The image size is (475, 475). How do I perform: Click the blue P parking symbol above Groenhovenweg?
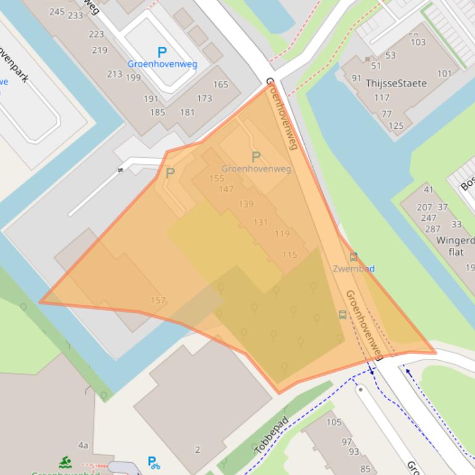[x=162, y=52]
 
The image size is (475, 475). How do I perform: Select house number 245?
[x=57, y=12]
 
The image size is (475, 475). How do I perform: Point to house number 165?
[x=220, y=85]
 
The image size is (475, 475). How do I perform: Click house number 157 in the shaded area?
[x=158, y=300]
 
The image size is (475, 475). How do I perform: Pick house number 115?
[x=289, y=255]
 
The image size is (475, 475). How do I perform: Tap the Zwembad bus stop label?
[x=353, y=268]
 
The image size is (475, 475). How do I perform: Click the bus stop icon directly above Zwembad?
[x=353, y=257]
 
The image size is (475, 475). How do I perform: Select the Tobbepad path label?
[x=271, y=436]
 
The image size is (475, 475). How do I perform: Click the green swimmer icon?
[x=65, y=462]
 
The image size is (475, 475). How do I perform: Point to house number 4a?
[x=83, y=445]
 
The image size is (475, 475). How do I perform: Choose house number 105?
[x=334, y=422]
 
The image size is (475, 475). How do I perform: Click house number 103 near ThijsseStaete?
[x=418, y=42]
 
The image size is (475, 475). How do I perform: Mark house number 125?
[x=395, y=126]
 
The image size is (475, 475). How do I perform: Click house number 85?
[x=365, y=469]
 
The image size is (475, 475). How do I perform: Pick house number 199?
[x=133, y=78]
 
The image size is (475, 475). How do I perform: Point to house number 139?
[x=246, y=204]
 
